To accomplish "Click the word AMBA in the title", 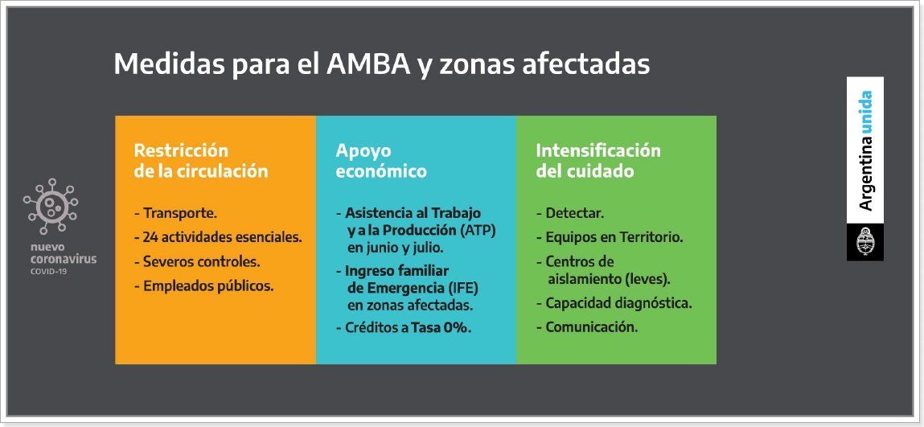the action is (x=368, y=64).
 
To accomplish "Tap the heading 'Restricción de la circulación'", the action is (x=201, y=161).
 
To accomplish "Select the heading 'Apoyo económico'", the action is (x=381, y=161).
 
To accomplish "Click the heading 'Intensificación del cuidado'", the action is (x=598, y=161).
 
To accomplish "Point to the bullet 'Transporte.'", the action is (x=176, y=213).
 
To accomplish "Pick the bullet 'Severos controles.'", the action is (x=197, y=261).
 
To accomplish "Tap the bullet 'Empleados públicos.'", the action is (x=204, y=286).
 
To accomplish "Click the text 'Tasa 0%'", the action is (x=440, y=327).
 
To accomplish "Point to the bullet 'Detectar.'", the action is (x=570, y=213).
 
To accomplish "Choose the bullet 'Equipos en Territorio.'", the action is (x=610, y=237).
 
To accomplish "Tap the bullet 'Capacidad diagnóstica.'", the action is (x=614, y=303).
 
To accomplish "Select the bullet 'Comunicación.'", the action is (x=587, y=326).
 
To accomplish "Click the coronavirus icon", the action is (x=51, y=206).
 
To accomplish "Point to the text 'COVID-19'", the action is (x=48, y=272).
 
